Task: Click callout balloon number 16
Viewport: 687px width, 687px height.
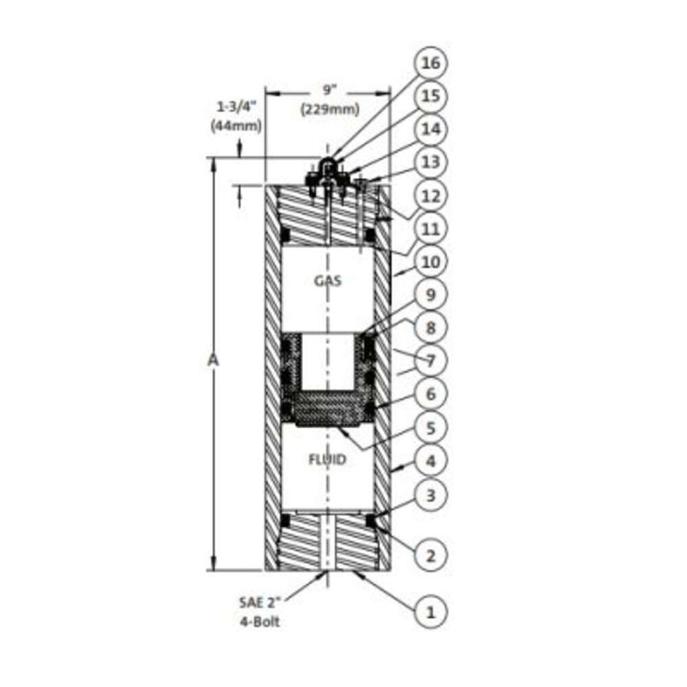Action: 430,63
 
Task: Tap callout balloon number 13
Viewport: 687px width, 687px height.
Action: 430,162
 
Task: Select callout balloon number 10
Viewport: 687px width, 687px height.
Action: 430,262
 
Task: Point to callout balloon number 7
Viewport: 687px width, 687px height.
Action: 430,361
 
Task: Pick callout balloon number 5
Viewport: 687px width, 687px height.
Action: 430,427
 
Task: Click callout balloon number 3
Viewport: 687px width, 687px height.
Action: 430,495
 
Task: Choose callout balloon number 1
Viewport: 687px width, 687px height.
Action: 430,611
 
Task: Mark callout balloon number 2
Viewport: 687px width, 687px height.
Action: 430,556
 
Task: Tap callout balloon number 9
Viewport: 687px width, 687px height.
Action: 430,295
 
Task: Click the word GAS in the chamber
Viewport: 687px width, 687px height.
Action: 328,280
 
